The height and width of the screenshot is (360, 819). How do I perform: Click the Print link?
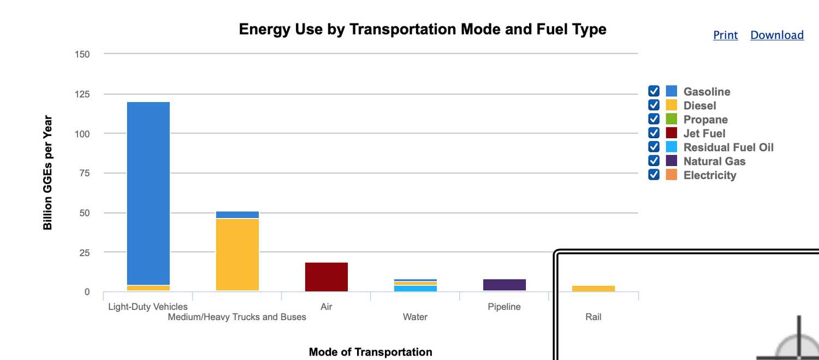tap(725, 35)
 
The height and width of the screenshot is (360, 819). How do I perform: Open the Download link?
tap(776, 35)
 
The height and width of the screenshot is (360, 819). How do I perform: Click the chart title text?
tap(423, 29)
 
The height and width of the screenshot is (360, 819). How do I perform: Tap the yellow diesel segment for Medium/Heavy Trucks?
tap(237, 255)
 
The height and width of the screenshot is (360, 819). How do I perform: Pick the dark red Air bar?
tap(326, 277)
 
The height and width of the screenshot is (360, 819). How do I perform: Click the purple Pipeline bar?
tap(504, 285)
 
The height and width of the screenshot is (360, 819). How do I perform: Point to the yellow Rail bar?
tap(593, 288)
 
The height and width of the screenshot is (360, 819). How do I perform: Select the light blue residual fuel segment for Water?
tap(415, 288)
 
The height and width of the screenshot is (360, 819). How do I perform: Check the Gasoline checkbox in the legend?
tap(654, 91)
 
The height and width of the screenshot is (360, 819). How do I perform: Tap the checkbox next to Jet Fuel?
tap(654, 133)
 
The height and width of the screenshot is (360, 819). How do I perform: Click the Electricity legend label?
tap(710, 175)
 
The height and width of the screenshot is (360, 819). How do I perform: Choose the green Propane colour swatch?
tap(672, 119)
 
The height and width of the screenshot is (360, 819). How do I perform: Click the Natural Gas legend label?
tap(714, 161)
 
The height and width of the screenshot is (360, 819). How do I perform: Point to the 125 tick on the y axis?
tap(82, 94)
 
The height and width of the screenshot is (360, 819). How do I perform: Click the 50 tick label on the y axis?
tap(85, 213)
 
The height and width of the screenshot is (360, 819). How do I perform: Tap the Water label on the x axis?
tap(415, 317)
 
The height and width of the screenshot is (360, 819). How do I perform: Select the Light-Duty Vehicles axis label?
tap(148, 306)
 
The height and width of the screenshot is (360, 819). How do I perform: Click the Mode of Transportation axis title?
tap(370, 352)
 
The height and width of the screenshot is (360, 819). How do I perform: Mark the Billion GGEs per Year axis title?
tap(48, 173)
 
